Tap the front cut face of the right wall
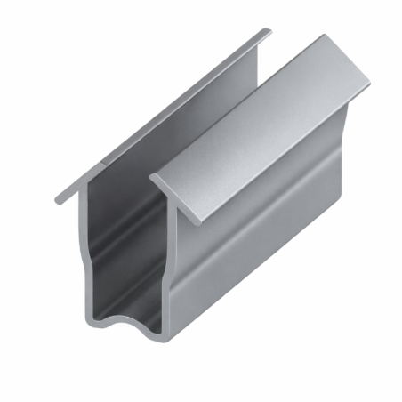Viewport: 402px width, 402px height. point(165,267)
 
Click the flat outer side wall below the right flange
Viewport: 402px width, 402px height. point(249,231)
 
